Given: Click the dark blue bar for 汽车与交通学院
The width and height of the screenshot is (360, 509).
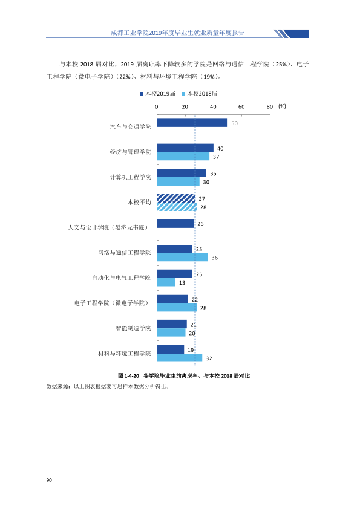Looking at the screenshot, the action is click(192, 123).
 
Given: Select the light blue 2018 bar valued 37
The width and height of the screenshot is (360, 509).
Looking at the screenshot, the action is click(183, 156).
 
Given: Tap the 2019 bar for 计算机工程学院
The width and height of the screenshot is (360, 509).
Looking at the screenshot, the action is click(182, 173).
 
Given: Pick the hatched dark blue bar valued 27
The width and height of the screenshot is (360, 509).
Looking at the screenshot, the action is click(176, 198).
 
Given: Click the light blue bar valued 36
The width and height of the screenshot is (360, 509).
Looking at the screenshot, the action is click(182, 257).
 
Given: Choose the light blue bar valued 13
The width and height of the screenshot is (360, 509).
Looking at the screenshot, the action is click(166, 282).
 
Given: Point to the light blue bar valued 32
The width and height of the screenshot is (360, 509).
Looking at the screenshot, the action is click(179, 358).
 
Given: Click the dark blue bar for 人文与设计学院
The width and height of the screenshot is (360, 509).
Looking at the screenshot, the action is click(175, 223).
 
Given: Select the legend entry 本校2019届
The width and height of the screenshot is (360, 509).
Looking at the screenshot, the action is click(157, 94).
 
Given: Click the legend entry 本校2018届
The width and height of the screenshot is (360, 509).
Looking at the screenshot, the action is click(200, 94).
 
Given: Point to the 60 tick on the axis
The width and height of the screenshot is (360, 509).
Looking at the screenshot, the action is click(241, 107).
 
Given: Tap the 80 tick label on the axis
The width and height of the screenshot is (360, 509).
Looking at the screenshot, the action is click(270, 107).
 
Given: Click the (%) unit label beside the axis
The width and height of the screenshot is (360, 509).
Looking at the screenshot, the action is click(282, 106).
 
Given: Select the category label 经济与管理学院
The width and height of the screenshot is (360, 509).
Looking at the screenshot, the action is click(130, 152).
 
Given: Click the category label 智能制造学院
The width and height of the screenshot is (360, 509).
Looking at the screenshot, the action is click(133, 328).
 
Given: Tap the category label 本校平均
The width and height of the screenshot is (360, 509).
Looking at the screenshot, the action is click(139, 203).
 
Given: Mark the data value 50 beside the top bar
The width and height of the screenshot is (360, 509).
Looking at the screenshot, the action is click(234, 123).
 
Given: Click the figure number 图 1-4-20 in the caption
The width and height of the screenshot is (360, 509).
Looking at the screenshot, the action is click(128, 376).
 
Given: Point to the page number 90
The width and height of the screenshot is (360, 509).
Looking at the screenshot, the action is click(49, 480).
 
